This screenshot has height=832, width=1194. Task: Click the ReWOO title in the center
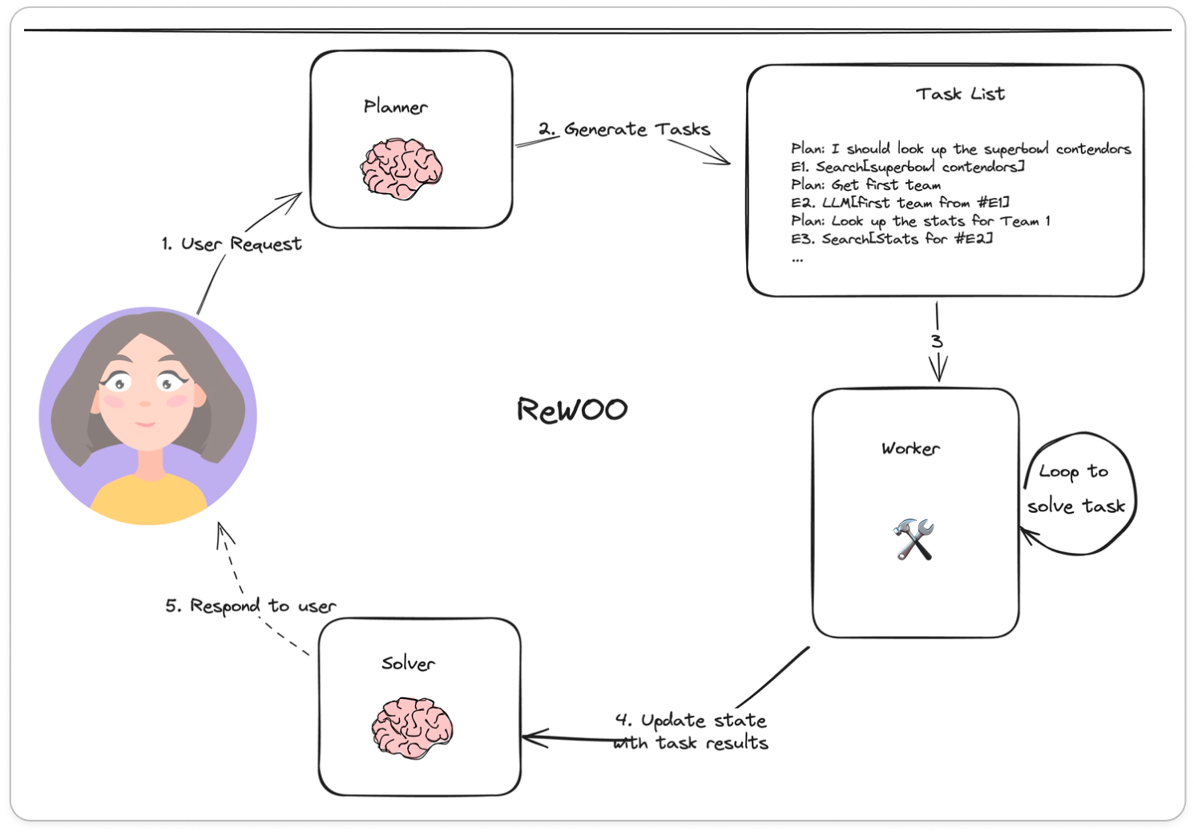572,410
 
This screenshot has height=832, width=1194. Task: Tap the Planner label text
395,107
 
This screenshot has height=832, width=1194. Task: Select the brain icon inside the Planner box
401,168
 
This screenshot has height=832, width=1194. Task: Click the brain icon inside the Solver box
412,728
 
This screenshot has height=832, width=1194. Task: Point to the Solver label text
408,663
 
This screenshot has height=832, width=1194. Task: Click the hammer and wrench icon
914,539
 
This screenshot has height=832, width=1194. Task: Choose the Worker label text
910,448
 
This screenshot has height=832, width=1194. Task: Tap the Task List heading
960,94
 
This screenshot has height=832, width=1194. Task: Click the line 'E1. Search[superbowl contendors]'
907,167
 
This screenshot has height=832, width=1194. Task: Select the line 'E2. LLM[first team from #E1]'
900,203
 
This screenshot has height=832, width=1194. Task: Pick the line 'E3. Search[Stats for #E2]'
891,239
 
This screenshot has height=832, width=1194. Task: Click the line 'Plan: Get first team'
865,184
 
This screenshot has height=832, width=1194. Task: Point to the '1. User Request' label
232,244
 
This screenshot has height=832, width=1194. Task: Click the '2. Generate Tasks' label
624,129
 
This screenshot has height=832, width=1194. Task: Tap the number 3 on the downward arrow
937,341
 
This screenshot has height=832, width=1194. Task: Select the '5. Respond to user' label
251,606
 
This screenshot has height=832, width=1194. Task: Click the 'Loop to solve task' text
1075,489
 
